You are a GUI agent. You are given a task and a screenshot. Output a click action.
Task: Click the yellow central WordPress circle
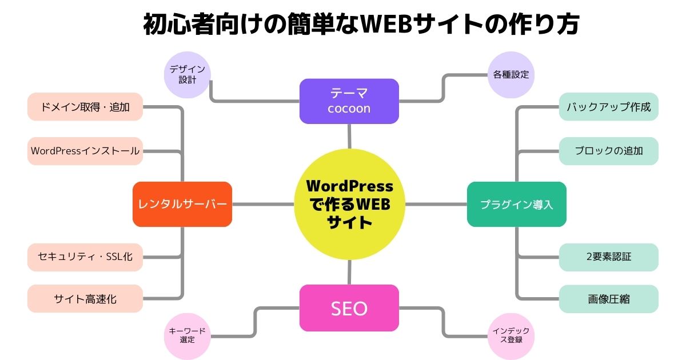coord(349,205)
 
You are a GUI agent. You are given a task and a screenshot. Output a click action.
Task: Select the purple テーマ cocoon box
coord(349,101)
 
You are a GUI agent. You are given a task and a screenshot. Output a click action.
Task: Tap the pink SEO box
coord(349,309)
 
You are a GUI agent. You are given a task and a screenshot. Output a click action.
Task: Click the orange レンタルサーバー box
coord(182,204)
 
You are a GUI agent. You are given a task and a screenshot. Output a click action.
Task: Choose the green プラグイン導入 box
coord(517,204)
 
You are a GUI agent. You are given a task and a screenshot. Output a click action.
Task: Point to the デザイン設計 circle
coord(188,74)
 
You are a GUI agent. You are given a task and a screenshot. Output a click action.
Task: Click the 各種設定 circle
coord(511,74)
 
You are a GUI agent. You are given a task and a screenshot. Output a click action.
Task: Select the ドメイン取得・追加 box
coord(85,107)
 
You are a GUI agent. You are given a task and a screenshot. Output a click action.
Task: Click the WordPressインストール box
coord(85,151)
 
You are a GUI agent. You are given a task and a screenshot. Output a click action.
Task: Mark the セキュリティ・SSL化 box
coord(85,257)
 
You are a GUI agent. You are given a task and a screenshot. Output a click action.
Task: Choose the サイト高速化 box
coord(85,298)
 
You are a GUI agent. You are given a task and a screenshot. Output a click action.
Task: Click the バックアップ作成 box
coord(608,107)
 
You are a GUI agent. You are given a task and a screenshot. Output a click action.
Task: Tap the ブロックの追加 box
coord(608,151)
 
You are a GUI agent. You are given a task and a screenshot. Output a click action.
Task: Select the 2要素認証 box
coord(608,257)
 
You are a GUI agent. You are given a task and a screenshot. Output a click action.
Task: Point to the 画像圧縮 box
coord(608,298)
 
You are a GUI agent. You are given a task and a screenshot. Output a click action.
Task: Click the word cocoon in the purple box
coord(349,109)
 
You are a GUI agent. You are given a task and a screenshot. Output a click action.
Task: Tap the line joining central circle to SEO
coord(349,272)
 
